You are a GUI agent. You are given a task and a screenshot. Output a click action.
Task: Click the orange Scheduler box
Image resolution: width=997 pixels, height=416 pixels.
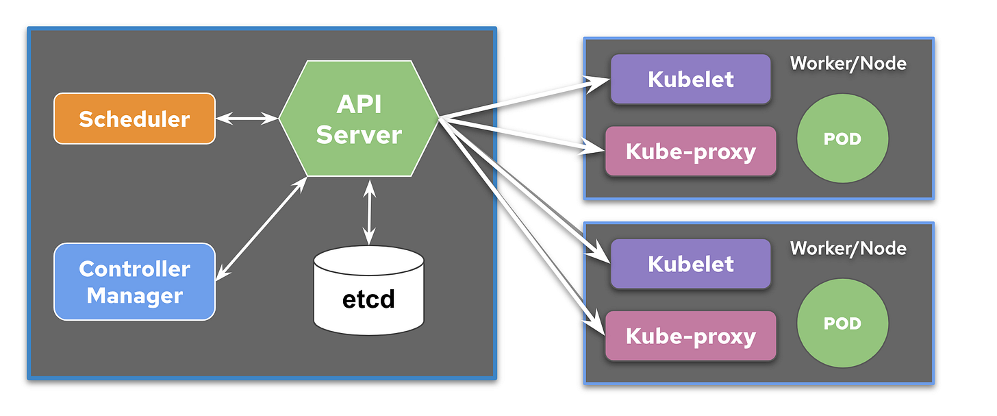pos(134,119)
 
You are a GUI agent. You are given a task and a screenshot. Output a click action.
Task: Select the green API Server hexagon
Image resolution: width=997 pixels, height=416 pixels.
pos(359,119)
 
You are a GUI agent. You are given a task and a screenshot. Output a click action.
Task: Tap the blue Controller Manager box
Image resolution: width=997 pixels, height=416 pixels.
pos(134,282)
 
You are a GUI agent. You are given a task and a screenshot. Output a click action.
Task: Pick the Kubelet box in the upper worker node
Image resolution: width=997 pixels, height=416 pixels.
pos(690,79)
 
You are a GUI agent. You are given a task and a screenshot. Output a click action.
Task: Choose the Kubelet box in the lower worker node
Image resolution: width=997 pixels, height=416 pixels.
pos(690,264)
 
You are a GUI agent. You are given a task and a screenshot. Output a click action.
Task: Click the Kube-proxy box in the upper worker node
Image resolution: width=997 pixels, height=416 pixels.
pos(690,151)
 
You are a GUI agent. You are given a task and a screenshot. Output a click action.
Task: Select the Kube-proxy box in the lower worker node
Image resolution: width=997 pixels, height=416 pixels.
pos(690,336)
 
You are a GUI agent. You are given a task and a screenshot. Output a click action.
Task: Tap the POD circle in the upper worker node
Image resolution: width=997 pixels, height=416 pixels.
pos(842,139)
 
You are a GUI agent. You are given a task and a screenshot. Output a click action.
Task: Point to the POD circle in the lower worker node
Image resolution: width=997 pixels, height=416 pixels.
pos(842,323)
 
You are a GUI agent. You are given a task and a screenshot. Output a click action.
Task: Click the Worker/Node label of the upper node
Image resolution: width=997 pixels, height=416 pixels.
pos(848,64)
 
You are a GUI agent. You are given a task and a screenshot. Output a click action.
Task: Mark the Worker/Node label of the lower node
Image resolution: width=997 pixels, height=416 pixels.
pos(848,248)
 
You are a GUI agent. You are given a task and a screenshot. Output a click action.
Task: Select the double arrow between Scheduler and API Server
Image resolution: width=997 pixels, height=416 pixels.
pos(247,119)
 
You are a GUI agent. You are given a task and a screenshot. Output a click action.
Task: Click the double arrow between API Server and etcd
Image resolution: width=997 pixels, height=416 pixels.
pos(370,212)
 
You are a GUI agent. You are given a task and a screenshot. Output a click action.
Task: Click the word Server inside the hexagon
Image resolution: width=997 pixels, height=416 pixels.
pos(359,134)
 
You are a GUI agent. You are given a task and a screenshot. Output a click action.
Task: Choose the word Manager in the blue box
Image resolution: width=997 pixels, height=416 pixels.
pos(134,296)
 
